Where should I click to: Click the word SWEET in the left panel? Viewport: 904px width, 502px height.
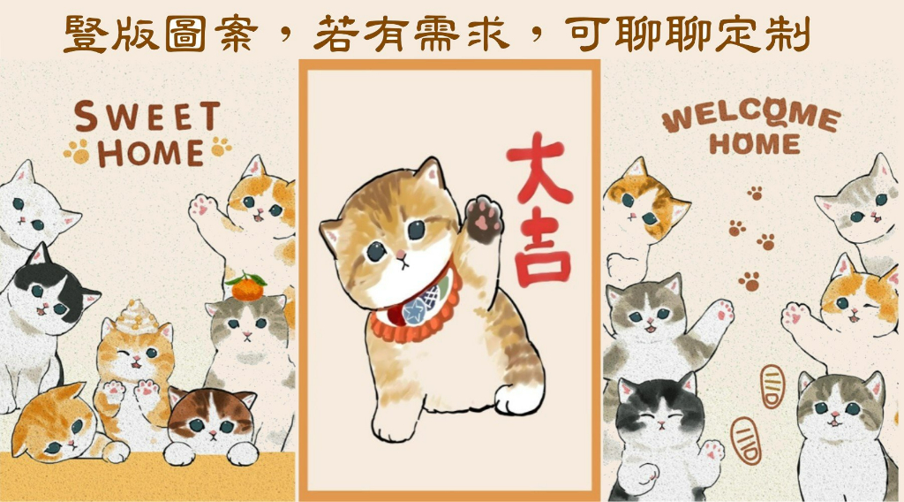point(147,116)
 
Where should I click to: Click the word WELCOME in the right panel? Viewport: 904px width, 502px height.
point(750,116)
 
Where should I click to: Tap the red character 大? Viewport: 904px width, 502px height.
point(538,167)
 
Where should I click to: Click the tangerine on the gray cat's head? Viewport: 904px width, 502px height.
point(247,286)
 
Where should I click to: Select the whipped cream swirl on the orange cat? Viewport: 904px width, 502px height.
point(134,317)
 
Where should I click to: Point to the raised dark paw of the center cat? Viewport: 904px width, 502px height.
point(485,219)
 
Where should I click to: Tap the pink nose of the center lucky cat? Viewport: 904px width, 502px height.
point(400,254)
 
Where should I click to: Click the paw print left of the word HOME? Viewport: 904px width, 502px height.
point(78,152)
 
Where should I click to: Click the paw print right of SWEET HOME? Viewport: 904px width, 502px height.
point(221,146)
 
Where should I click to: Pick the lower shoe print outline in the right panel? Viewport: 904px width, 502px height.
point(746,441)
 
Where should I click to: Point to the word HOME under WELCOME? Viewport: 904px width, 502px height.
point(755,144)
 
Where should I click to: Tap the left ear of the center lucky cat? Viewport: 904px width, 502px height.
point(332,233)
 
